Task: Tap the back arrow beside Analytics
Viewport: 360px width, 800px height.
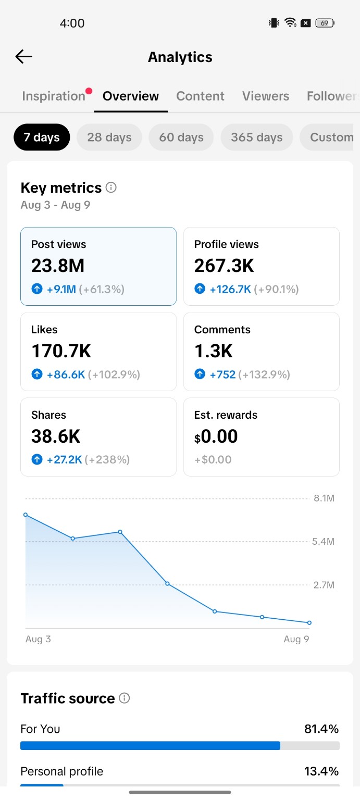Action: click(23, 56)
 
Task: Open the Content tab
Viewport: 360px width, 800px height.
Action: click(200, 96)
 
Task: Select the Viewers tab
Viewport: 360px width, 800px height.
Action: click(266, 96)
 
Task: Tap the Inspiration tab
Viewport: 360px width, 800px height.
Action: click(54, 96)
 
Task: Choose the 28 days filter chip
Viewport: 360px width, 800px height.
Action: click(109, 137)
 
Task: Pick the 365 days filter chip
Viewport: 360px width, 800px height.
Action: click(256, 137)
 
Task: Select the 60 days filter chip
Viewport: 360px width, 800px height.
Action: click(181, 137)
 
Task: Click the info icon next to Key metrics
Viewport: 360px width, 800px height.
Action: click(111, 187)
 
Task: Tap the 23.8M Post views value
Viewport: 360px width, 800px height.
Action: click(58, 266)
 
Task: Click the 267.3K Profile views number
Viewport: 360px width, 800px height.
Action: click(224, 266)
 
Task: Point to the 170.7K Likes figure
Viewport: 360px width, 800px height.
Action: click(61, 351)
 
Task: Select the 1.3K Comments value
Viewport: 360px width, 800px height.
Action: click(213, 351)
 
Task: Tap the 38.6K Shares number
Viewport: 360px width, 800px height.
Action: click(56, 436)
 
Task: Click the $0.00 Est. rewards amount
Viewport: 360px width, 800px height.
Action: click(216, 436)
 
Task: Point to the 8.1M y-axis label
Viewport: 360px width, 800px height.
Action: click(324, 498)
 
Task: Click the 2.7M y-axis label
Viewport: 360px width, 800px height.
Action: click(324, 585)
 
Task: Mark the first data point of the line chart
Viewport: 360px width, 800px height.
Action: click(26, 515)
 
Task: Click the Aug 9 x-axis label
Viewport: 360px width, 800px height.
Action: click(296, 639)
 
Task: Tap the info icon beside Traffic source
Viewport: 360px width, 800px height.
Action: click(125, 698)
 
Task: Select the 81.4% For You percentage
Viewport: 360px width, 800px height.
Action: click(321, 729)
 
